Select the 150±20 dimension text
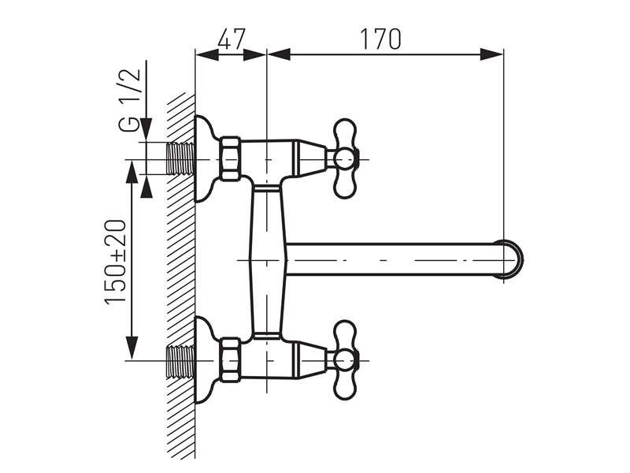pyautogui.click(x=115, y=263)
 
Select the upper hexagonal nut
pyautogui.click(x=231, y=159)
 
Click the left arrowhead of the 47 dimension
pyautogui.click(x=200, y=54)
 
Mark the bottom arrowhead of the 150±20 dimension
pyautogui.click(x=132, y=353)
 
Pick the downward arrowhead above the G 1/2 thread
pyautogui.click(x=146, y=134)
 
